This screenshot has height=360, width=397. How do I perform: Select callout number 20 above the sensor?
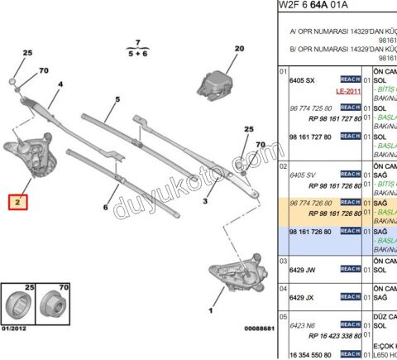239,49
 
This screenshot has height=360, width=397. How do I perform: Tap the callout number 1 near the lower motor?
210,311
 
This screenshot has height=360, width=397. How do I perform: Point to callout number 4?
60,84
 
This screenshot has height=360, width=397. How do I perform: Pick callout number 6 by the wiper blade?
106,208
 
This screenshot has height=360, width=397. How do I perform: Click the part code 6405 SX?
301,79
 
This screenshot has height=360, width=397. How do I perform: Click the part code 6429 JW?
301,269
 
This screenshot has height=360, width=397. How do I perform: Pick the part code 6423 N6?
301,325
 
